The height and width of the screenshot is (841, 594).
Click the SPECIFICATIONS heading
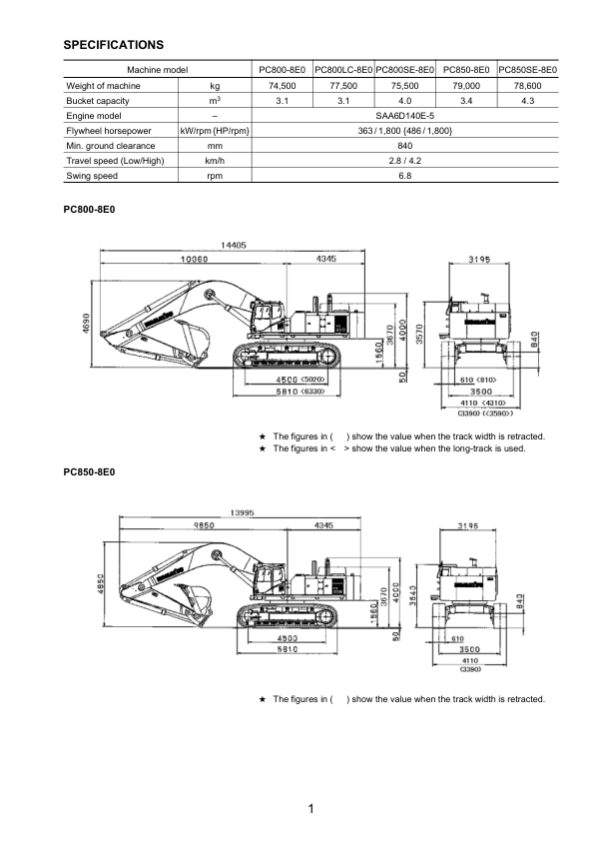[114, 45]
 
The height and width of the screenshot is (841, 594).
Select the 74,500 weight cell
[282, 86]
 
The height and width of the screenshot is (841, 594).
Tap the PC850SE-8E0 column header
[528, 70]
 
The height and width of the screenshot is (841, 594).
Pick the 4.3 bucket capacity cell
[528, 101]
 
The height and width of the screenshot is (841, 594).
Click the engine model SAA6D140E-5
[404, 116]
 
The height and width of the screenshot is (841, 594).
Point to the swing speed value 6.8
[404, 175]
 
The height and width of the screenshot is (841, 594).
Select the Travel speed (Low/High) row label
[115, 160]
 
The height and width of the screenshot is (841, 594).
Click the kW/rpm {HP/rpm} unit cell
[214, 131]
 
